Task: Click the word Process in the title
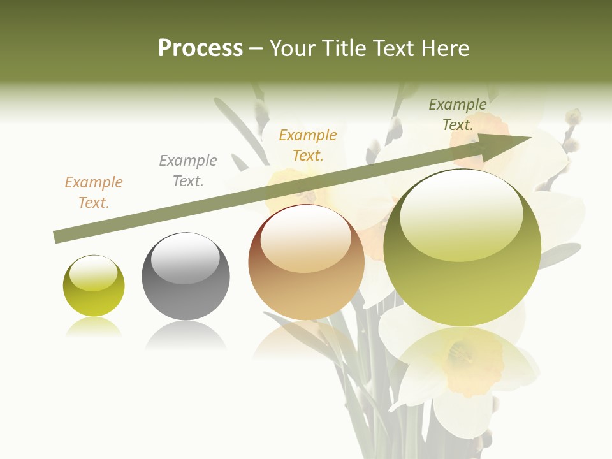[x=200, y=48]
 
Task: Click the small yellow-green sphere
[x=94, y=286]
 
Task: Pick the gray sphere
[x=186, y=277]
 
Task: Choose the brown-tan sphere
[x=306, y=262]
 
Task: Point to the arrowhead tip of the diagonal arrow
[x=531, y=138]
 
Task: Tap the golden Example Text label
[x=308, y=145]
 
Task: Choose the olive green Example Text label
[x=458, y=115]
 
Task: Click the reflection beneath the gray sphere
[x=186, y=335]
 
